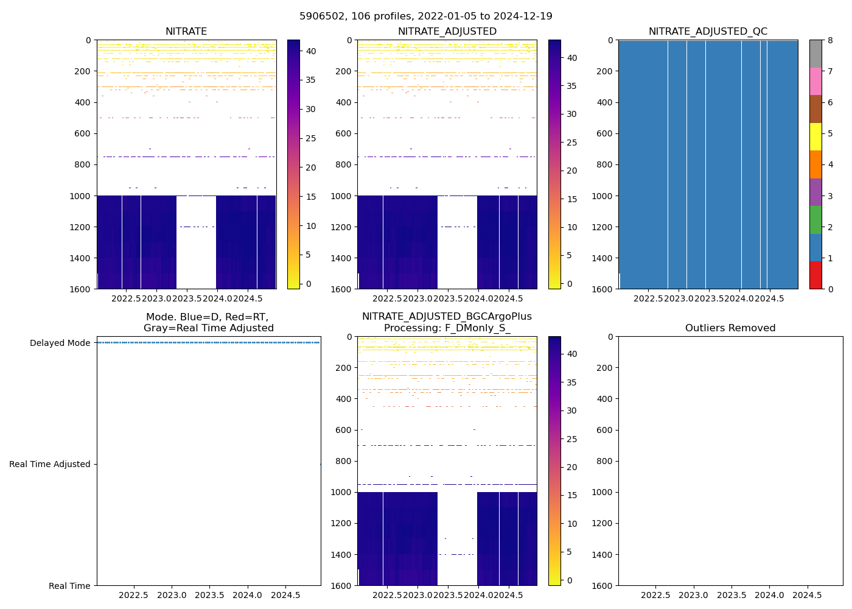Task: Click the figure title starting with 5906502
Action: pyautogui.click(x=425, y=16)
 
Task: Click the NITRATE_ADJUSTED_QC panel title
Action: pyautogui.click(x=708, y=32)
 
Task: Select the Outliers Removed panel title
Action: pyautogui.click(x=730, y=328)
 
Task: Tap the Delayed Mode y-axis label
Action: pyautogui.click(x=60, y=343)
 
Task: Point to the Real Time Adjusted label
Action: pyautogui.click(x=50, y=464)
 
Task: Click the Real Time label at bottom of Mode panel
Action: pyautogui.click(x=69, y=586)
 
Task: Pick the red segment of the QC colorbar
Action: pyautogui.click(x=815, y=275)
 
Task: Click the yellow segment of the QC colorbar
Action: pyautogui.click(x=815, y=136)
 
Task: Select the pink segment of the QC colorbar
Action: pyautogui.click(x=815, y=81)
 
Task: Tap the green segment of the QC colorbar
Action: pyautogui.click(x=815, y=219)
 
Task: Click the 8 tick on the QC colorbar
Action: pyautogui.click(x=829, y=40)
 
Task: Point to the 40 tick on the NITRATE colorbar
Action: pyautogui.click(x=310, y=52)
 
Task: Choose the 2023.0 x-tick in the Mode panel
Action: pyautogui.click(x=172, y=595)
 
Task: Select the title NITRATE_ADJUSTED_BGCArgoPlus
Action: pyautogui.click(x=447, y=317)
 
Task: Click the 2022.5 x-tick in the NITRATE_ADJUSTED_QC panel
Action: pyautogui.click(x=648, y=298)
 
